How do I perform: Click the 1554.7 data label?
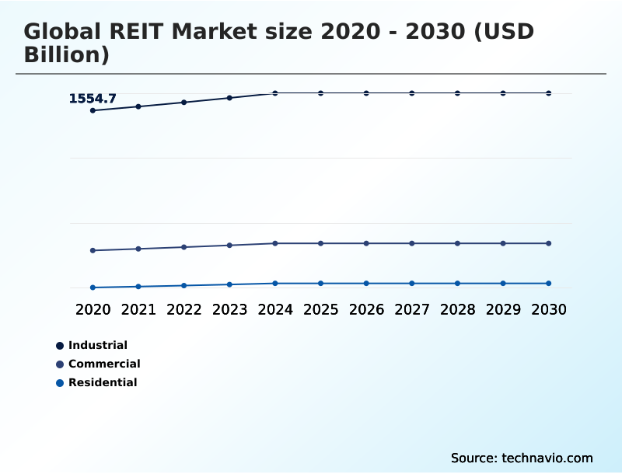coord(93,99)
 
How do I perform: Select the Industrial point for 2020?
coord(93,110)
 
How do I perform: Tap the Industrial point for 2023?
coord(229,98)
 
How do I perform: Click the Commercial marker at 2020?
coord(93,250)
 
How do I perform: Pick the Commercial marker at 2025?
coord(320,243)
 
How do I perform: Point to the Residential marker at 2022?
coord(184,285)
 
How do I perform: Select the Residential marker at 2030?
coord(548,283)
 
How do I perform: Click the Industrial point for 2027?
coord(411,93)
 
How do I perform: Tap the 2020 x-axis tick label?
coord(93,309)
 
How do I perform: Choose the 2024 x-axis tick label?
coord(275,309)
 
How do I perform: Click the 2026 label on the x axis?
coord(366,309)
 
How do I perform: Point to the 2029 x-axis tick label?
coord(503,309)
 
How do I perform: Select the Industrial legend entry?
coord(97,345)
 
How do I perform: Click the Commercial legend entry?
coord(104,364)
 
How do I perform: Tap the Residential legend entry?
coord(103,382)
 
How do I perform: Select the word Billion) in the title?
coord(66,55)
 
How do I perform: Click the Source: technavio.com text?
coord(522,458)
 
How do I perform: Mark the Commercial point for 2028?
coord(457,243)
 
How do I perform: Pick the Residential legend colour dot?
coord(60,382)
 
